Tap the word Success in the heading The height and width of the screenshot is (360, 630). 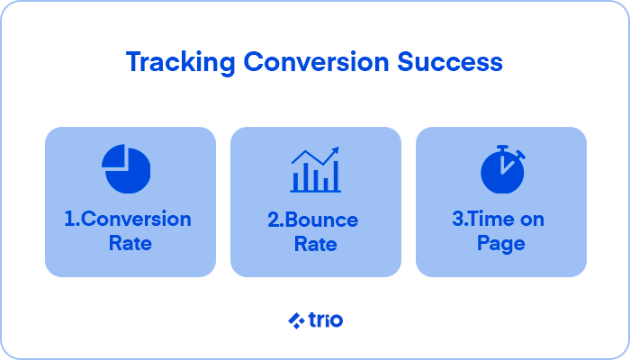coord(457,63)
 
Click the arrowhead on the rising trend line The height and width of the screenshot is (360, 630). coord(335,151)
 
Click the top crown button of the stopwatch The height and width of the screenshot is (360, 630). coord(502,147)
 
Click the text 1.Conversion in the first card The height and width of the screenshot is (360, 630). coord(128,220)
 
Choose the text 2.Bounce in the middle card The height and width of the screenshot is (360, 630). coord(313,220)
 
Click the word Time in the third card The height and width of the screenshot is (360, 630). coord(497,220)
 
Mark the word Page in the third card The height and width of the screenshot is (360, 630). coord(500,243)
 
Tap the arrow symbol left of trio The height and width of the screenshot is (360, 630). coord(295,319)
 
